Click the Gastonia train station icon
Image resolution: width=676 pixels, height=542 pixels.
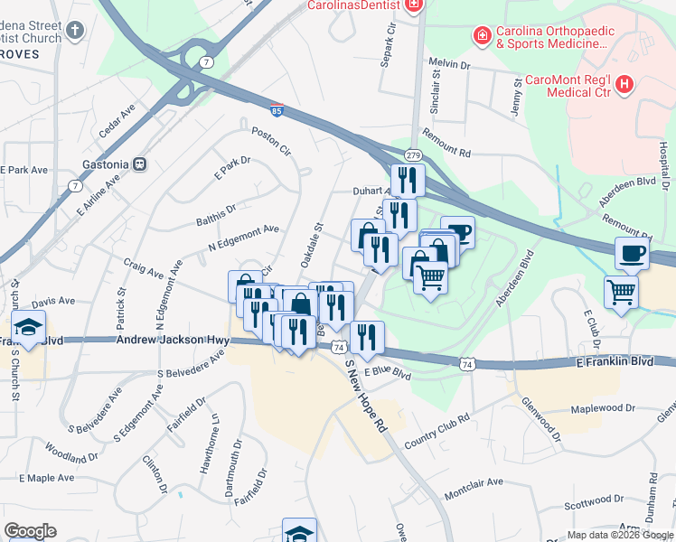pyautogui.click(x=140, y=164)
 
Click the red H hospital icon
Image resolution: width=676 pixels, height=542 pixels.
pyautogui.click(x=624, y=86)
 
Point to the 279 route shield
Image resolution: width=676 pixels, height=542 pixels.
pyautogui.click(x=413, y=155)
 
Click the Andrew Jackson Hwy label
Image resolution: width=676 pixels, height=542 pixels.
pyautogui.click(x=173, y=341)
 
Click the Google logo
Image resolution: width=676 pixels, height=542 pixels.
pyautogui.click(x=30, y=531)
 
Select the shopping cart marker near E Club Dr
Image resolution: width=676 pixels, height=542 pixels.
pyautogui.click(x=622, y=293)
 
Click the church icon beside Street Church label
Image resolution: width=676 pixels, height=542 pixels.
pyautogui.click(x=75, y=29)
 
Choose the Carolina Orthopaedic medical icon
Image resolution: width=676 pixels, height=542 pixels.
pyautogui.click(x=482, y=36)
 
